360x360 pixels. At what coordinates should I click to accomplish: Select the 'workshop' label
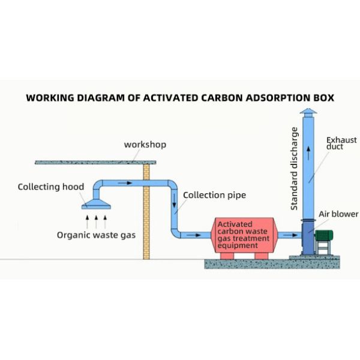[145, 145]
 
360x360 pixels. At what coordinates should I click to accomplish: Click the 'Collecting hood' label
[51, 187]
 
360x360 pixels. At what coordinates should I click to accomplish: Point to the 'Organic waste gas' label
[96, 235]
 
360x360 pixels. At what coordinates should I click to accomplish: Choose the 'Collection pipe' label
[214, 195]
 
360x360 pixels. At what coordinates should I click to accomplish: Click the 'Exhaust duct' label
[341, 143]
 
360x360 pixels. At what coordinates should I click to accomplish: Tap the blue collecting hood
[96, 200]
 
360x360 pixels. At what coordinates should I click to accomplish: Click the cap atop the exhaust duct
[308, 113]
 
